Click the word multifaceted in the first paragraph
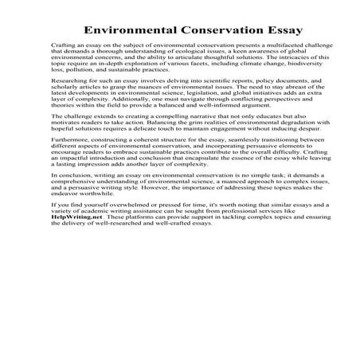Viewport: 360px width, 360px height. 281,48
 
